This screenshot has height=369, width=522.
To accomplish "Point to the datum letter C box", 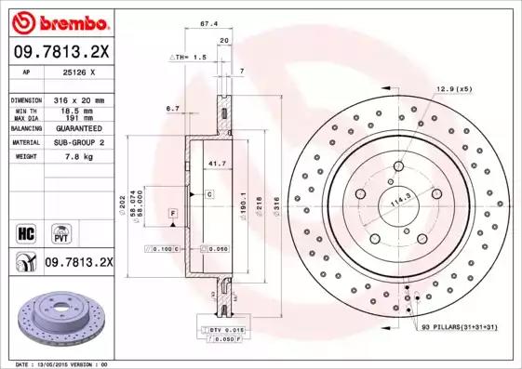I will (x=210, y=194).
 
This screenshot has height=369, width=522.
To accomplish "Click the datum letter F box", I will (x=173, y=215).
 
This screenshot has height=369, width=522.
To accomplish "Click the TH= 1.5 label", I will (x=189, y=57).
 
